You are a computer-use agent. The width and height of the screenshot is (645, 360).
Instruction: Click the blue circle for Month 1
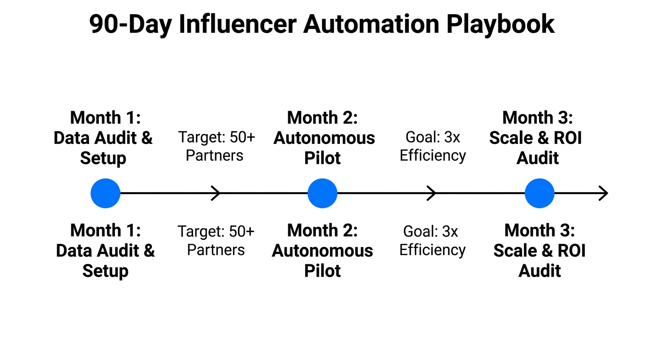(x=105, y=193)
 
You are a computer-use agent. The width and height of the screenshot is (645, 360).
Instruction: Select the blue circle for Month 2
(x=322, y=193)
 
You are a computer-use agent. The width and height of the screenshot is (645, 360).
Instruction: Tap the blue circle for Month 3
(x=540, y=193)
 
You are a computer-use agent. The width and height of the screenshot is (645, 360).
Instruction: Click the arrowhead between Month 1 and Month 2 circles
(x=217, y=193)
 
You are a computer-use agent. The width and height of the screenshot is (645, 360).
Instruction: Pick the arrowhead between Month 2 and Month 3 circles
(x=432, y=193)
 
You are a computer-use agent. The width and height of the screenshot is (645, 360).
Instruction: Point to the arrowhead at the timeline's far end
(x=604, y=193)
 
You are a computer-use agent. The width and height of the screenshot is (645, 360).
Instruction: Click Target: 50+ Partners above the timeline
(x=216, y=146)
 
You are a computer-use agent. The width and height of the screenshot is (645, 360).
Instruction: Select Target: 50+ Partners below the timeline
(x=216, y=240)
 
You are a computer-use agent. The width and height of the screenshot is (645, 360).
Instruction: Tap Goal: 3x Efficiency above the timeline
(x=433, y=146)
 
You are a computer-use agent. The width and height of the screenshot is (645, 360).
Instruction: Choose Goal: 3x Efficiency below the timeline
(x=432, y=240)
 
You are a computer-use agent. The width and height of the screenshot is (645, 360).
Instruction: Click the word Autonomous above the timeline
(x=324, y=138)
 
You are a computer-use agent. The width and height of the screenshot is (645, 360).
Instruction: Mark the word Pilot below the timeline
(x=322, y=271)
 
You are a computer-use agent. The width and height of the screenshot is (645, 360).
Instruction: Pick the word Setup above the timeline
(x=103, y=158)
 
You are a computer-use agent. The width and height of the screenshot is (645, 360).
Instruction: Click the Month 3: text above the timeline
(x=538, y=118)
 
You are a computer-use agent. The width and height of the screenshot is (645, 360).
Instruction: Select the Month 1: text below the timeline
(x=105, y=231)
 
